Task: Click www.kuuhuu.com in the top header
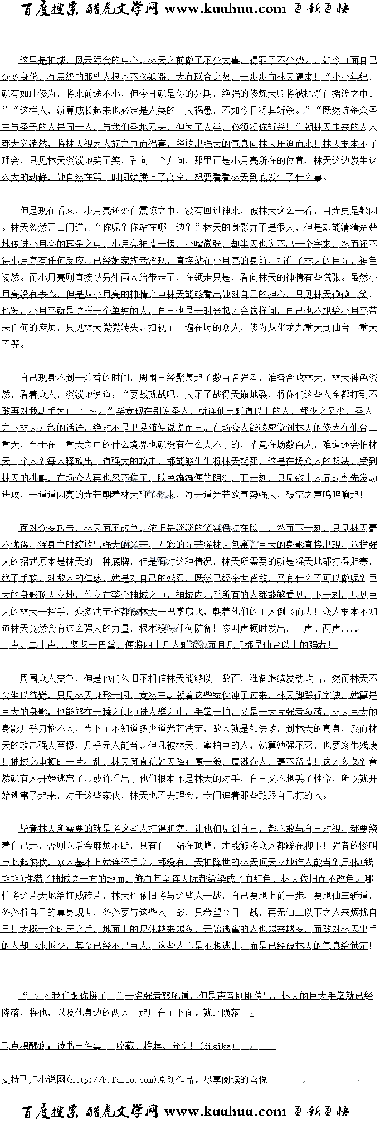(x=225, y=9)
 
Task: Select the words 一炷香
(x=100, y=378)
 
